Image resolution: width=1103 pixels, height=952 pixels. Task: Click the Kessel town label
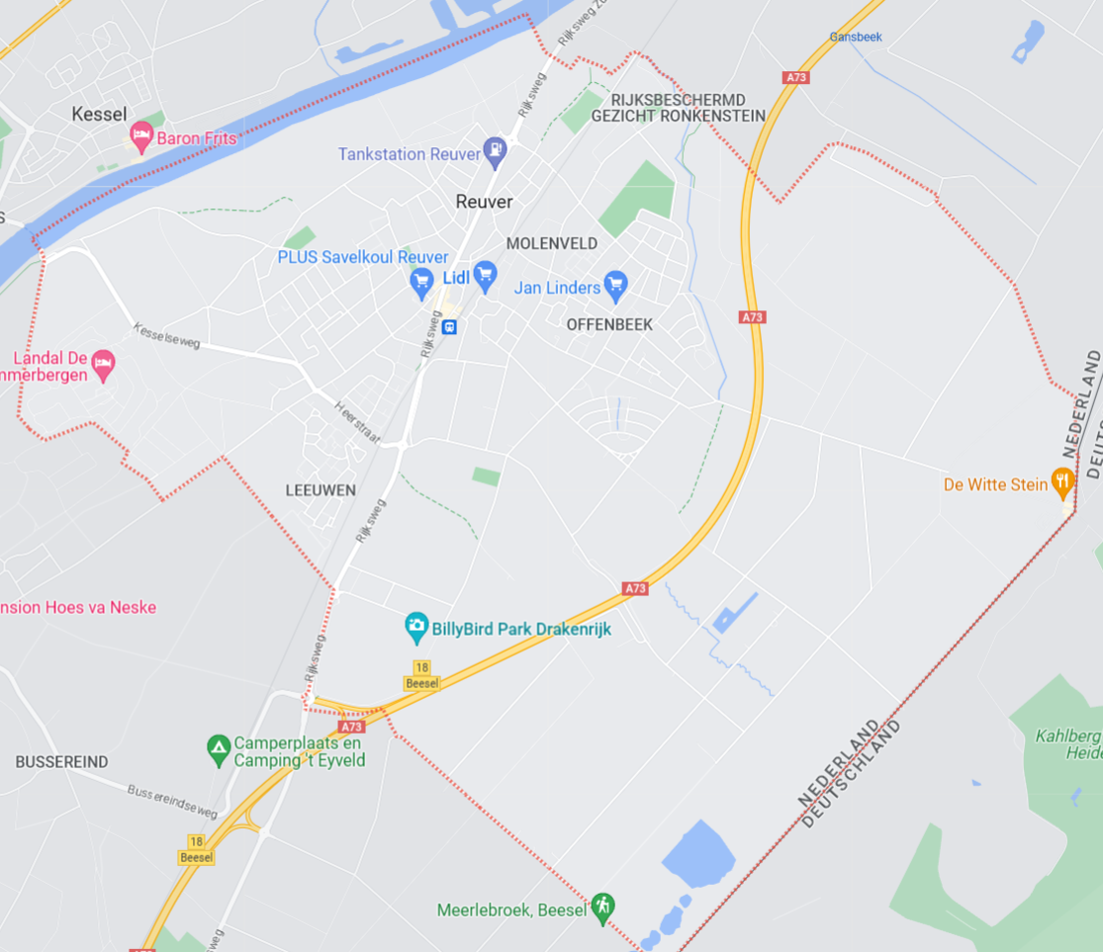[100, 115]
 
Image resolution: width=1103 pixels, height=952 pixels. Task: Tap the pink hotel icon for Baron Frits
[142, 138]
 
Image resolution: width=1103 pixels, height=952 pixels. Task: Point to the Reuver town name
[485, 202]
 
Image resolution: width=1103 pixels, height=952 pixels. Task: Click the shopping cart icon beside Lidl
[485, 277]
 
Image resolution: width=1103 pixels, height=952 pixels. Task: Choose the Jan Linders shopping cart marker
[615, 287]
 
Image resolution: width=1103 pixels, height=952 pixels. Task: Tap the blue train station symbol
[450, 326]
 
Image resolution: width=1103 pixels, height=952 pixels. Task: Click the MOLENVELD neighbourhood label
[552, 243]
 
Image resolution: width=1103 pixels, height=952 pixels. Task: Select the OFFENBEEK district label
[609, 324]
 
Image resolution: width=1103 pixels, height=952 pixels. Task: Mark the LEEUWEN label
[321, 490]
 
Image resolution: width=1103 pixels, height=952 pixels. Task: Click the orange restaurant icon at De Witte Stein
[1062, 483]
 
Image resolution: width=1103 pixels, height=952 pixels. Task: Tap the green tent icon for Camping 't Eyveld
[219, 749]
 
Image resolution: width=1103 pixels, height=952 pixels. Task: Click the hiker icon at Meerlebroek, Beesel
[602, 908]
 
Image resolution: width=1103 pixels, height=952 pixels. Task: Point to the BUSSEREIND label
[61, 762]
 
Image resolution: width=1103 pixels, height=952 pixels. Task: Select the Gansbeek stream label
[856, 37]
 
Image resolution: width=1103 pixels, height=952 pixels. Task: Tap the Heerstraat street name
[357, 423]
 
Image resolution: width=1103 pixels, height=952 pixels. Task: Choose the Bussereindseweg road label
[172, 802]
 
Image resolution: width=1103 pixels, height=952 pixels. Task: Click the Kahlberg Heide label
[1069, 744]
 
